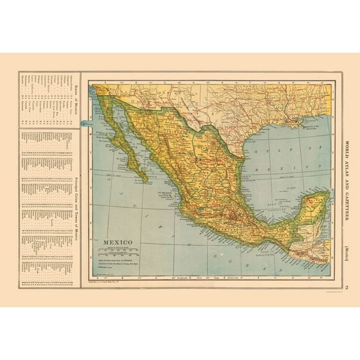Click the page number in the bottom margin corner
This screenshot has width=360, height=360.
pyautogui.click(x=347, y=288)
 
